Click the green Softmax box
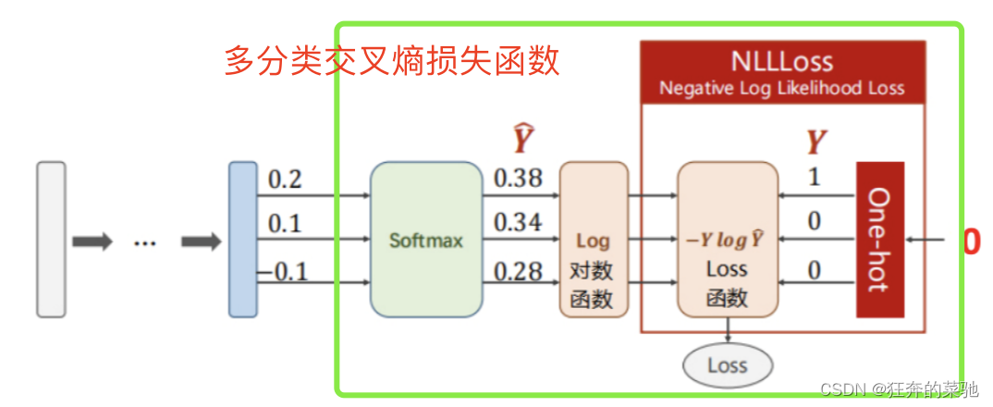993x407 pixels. (426, 240)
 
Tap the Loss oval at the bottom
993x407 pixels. (727, 364)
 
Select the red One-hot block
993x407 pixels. (878, 240)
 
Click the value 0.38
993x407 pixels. (518, 178)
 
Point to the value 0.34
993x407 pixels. (518, 223)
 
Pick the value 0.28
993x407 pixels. (518, 271)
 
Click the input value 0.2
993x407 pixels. (285, 179)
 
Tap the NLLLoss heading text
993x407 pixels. (781, 62)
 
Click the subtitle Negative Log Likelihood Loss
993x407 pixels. (781, 89)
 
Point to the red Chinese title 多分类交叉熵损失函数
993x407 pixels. (392, 61)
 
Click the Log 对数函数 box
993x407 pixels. (594, 240)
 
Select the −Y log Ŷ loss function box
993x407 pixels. (727, 240)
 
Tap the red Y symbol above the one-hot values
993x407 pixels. (815, 142)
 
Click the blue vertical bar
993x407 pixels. (243, 240)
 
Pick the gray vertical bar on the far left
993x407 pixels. (51, 240)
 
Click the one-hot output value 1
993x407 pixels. (814, 178)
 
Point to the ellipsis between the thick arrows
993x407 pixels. (145, 242)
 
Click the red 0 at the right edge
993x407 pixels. (971, 241)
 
